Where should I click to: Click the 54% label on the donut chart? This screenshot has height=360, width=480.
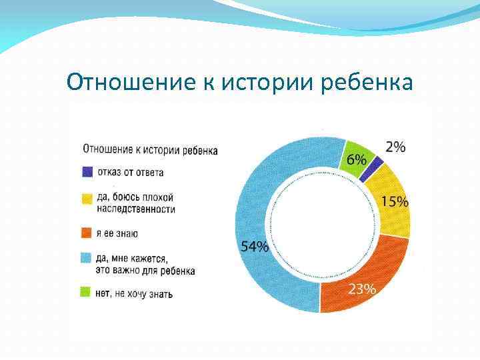tap(255, 247)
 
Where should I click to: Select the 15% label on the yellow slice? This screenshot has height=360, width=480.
tap(395, 202)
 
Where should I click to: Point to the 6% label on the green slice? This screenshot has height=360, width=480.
tap(356, 160)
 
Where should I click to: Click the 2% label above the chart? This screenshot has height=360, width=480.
tap(395, 147)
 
